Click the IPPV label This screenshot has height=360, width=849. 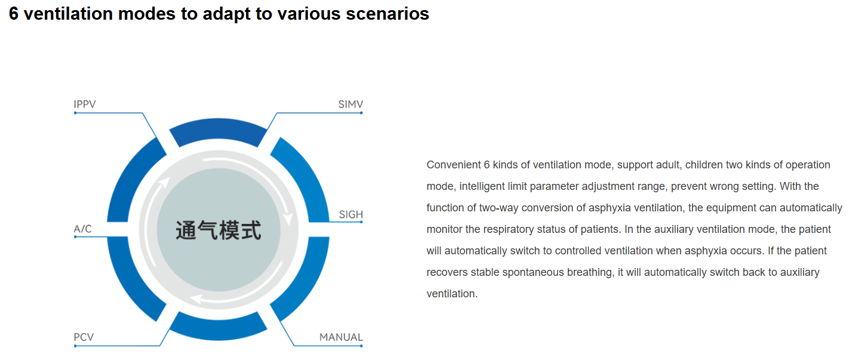85,104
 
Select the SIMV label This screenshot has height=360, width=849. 350,104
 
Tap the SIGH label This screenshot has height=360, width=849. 350,214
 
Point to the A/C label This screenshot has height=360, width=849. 82,229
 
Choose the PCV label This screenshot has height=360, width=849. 84,337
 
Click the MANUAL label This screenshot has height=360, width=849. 341,337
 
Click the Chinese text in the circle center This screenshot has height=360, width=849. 219,230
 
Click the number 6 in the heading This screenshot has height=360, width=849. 13,14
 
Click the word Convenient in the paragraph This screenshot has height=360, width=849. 454,165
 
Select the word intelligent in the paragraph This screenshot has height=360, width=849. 481,186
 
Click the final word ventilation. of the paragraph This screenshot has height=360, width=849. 452,294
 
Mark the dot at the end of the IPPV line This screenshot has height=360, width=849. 75,113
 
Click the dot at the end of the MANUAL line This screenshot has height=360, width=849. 361,346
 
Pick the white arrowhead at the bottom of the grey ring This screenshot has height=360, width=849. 196,299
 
